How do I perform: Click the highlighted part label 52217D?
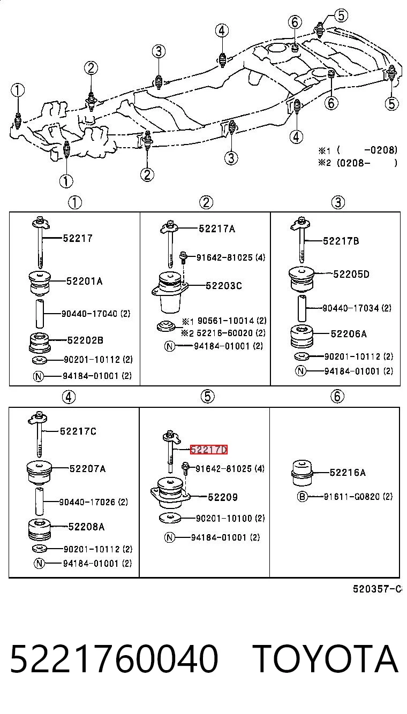(x=209, y=450)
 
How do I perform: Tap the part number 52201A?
(x=84, y=281)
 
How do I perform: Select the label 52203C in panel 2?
(x=224, y=286)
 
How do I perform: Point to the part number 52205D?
(x=351, y=274)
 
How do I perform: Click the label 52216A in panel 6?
(x=348, y=473)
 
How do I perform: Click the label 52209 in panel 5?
(x=223, y=497)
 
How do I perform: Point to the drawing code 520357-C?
(x=377, y=589)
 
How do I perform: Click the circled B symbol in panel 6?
(x=302, y=497)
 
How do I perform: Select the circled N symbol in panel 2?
(x=170, y=346)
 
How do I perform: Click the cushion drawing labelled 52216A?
(x=302, y=474)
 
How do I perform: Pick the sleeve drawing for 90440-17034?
(x=302, y=308)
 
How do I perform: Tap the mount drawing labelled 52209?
(x=170, y=493)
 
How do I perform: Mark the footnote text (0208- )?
(x=367, y=163)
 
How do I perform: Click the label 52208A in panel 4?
(x=86, y=527)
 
